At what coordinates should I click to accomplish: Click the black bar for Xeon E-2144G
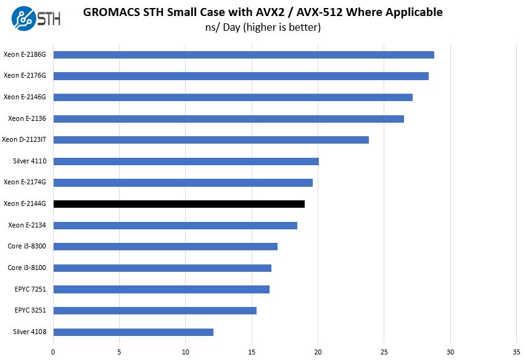pos(179,204)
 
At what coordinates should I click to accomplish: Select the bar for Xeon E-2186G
pos(244,54)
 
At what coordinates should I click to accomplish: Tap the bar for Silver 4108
pos(133,332)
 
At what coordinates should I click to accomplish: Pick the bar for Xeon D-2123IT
pos(211,140)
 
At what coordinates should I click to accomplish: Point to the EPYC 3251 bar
pos(155,311)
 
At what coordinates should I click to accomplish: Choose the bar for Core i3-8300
pos(165,247)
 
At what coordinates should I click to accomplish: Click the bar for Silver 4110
pos(186,162)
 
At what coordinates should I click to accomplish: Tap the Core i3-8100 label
pos(28,268)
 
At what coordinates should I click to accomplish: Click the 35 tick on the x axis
pos(516,352)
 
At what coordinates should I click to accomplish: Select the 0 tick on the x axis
pos(54,352)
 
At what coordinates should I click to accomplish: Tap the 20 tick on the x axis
pos(318,352)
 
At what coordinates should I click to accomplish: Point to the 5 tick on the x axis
pos(120,352)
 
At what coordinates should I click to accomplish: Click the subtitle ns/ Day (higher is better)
pos(263,28)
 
